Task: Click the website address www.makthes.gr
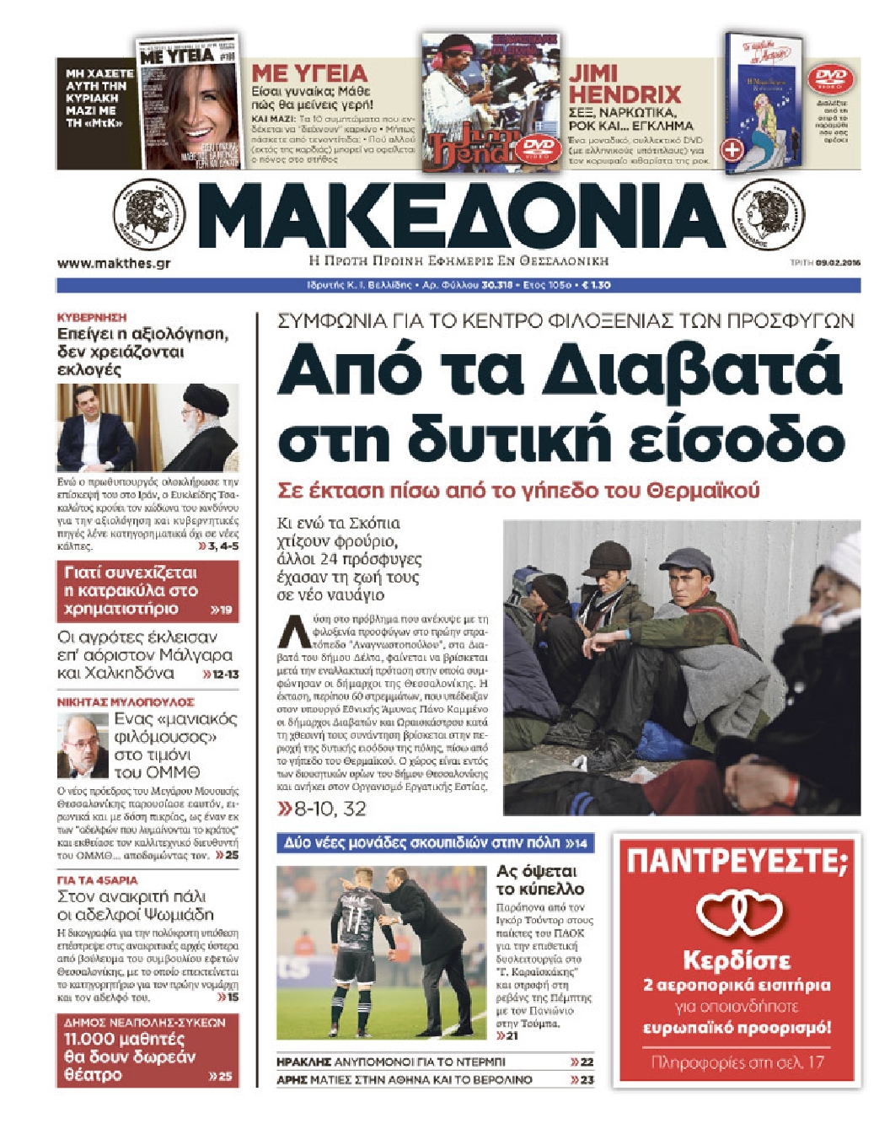coord(114,263)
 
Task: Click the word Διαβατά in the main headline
coord(692,371)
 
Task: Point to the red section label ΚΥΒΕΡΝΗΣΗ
coord(91,317)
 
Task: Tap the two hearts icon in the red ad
coord(739,913)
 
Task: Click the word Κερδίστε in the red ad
coord(737,960)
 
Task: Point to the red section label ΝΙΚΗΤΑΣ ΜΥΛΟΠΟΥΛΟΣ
coord(126,702)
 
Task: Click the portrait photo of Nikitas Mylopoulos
coord(83,745)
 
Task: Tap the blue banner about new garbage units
coord(435,842)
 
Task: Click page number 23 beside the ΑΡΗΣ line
coord(582,1079)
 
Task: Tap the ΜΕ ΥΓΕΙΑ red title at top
coord(309,73)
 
